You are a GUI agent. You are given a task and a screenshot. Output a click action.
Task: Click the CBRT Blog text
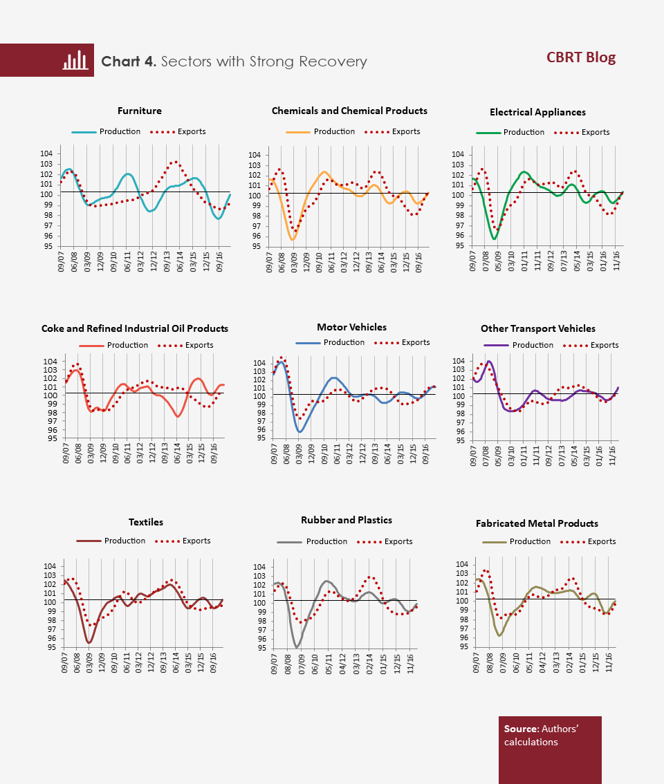click(x=581, y=57)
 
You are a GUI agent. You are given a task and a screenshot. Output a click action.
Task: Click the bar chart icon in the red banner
click(x=75, y=60)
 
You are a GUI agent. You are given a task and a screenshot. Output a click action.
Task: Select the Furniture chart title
click(x=140, y=111)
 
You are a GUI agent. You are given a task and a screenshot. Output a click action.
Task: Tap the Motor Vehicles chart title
click(x=352, y=327)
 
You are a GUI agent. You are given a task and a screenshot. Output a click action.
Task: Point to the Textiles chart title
click(x=146, y=522)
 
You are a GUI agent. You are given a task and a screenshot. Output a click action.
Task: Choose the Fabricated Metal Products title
click(x=537, y=523)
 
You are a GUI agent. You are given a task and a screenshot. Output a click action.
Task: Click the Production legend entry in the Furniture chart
click(x=106, y=131)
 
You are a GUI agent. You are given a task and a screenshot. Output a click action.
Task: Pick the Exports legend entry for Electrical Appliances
click(x=582, y=132)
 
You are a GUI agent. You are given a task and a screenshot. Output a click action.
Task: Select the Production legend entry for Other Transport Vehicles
click(x=518, y=345)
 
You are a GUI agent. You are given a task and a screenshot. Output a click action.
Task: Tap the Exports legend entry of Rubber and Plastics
click(x=385, y=541)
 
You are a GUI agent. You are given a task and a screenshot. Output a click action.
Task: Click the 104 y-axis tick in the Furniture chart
click(x=46, y=153)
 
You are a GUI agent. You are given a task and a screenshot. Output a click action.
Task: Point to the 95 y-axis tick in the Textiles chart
click(x=52, y=648)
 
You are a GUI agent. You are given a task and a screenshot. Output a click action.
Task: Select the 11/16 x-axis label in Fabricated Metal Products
click(x=609, y=662)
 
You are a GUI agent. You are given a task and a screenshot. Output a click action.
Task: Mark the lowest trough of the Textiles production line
click(x=89, y=642)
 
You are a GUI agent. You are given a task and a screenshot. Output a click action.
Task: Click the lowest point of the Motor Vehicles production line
click(x=299, y=431)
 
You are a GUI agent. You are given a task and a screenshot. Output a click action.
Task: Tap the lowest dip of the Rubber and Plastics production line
click(x=297, y=648)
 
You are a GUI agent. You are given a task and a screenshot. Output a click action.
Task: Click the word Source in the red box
click(x=521, y=729)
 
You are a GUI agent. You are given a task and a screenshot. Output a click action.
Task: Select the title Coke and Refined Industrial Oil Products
click(x=135, y=328)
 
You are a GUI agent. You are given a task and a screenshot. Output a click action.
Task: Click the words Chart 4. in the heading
click(x=129, y=62)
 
